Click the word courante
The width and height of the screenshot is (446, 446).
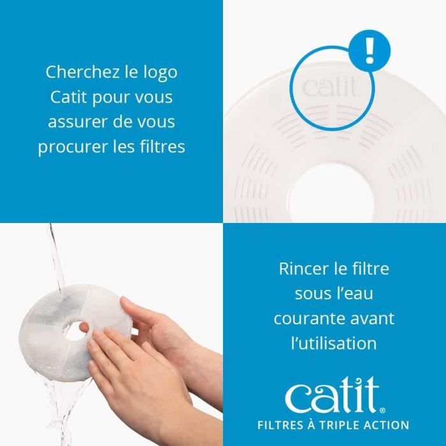pos(305,318)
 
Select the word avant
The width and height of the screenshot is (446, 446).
pos(373,318)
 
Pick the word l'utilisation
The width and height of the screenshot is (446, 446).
pos(334,343)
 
